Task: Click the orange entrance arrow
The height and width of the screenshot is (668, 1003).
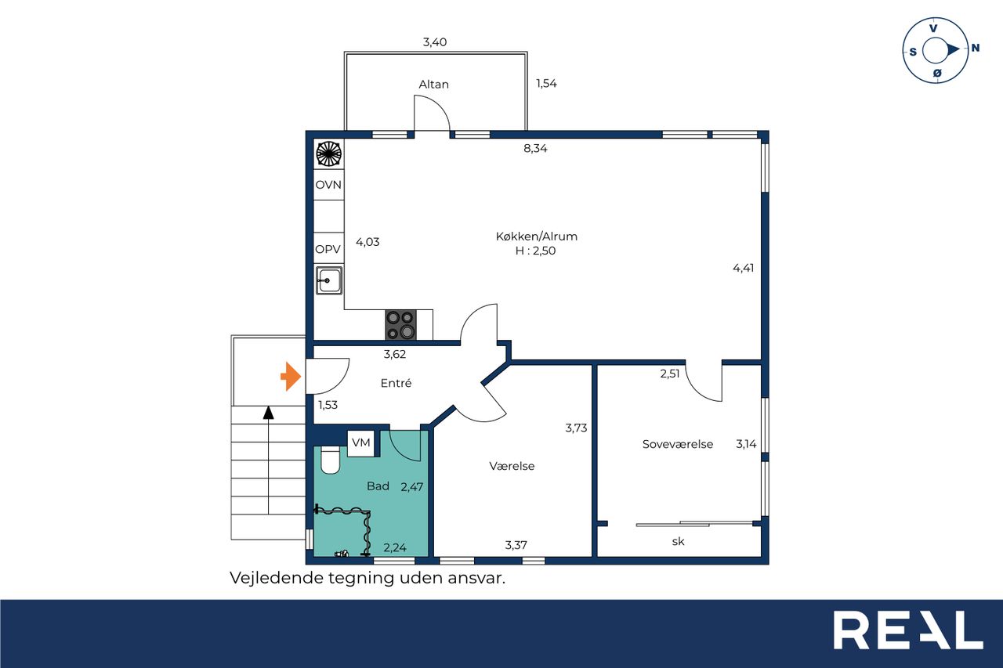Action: tap(291, 376)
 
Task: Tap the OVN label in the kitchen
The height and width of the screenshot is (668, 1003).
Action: tap(328, 185)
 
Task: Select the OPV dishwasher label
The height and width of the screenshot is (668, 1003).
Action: tap(328, 249)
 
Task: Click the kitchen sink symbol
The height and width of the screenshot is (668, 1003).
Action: tap(329, 280)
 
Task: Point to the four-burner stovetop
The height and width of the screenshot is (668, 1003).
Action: tap(400, 325)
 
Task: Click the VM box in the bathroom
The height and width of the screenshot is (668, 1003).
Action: tap(361, 443)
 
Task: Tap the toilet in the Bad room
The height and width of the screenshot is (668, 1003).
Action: tap(331, 460)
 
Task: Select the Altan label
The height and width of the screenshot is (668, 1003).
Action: tap(433, 84)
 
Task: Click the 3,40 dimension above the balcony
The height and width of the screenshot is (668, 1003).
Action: tap(435, 42)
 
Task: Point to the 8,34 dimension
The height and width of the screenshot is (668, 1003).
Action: tap(535, 148)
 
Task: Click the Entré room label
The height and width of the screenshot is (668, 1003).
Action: tap(396, 383)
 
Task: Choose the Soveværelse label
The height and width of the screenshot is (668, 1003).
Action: tap(678, 444)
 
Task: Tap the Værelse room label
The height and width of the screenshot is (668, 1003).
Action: tap(512, 466)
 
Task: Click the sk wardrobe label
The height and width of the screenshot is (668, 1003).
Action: tap(678, 541)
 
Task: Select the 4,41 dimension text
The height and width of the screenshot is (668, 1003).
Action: tap(744, 268)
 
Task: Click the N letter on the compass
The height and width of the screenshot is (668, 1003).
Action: tap(976, 48)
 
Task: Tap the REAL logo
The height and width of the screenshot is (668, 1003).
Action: tap(908, 630)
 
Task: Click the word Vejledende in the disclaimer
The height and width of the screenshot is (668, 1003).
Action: tap(277, 578)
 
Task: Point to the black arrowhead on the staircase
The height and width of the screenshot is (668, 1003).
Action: tap(268, 413)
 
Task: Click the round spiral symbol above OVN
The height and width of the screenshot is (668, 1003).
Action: tap(328, 154)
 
